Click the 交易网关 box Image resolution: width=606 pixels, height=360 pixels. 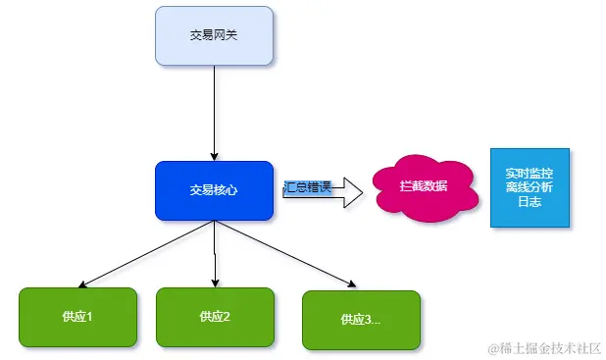pyautogui.click(x=214, y=35)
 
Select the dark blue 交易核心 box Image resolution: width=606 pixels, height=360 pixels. pyautogui.click(x=214, y=190)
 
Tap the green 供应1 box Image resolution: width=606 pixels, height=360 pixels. pyautogui.click(x=77, y=317)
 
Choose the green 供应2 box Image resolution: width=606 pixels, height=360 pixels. pyautogui.click(x=214, y=317)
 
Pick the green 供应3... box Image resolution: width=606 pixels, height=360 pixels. pyautogui.click(x=361, y=320)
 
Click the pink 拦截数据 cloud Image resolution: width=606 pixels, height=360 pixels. pyautogui.click(x=424, y=185)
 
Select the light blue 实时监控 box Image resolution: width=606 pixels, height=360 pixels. pyautogui.click(x=529, y=187)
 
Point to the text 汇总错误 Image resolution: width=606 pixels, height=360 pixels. pyautogui.click(x=307, y=185)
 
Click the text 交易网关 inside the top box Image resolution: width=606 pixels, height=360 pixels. pyautogui.click(x=214, y=35)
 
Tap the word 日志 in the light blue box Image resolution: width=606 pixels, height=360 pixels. pyautogui.click(x=529, y=201)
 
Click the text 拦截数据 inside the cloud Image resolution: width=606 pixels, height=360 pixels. pyautogui.click(x=424, y=185)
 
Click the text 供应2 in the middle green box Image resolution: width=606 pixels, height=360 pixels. pyautogui.click(x=214, y=317)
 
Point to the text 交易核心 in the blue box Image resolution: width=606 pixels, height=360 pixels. pyautogui.click(x=214, y=190)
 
